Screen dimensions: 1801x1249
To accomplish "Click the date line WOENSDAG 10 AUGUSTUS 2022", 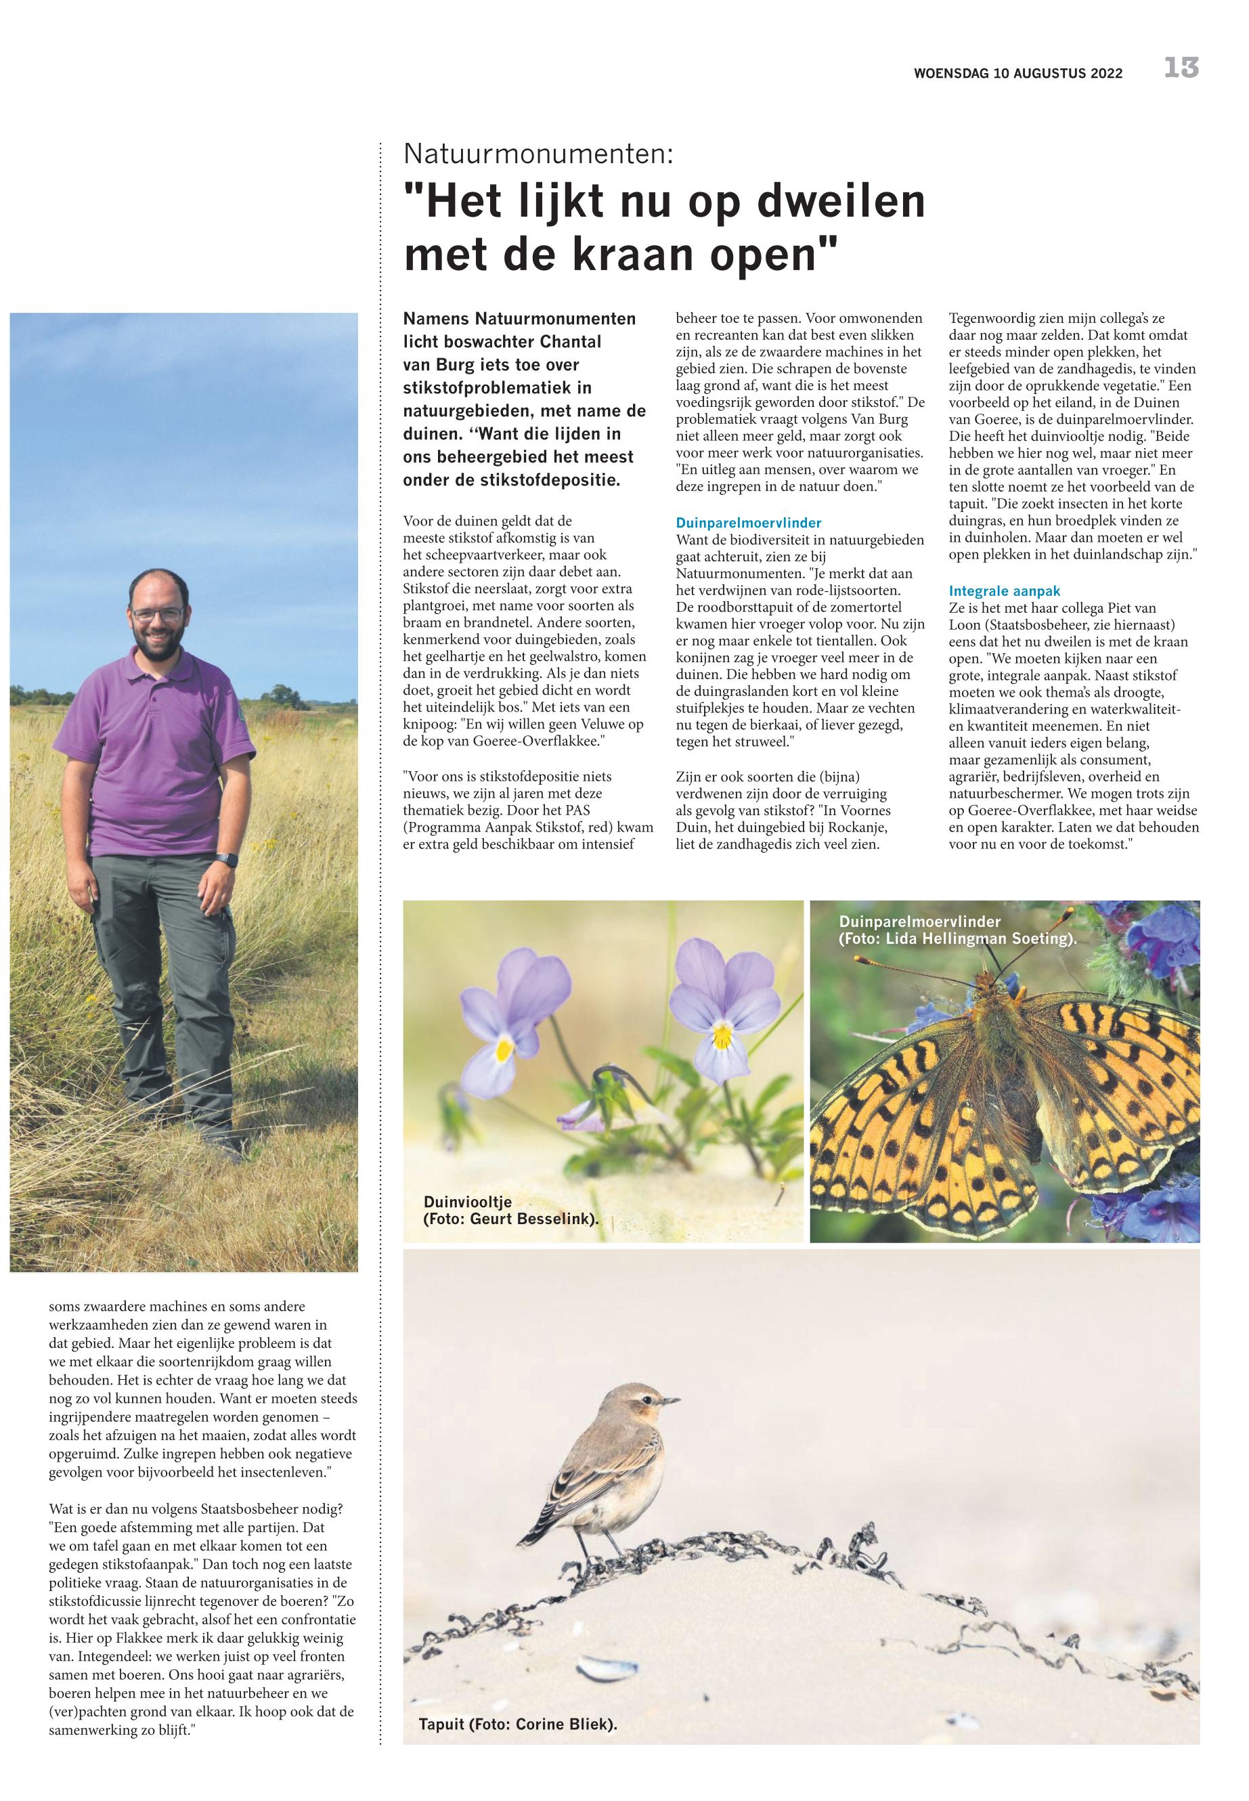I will click(x=1017, y=74).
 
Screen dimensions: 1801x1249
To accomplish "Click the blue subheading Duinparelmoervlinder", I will click(x=748, y=522).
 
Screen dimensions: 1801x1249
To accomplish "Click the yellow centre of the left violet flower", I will click(x=505, y=1048).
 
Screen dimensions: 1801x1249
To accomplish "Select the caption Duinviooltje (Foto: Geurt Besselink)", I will click(x=510, y=1209).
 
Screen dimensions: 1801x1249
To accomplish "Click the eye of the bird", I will click(x=647, y=1399).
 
